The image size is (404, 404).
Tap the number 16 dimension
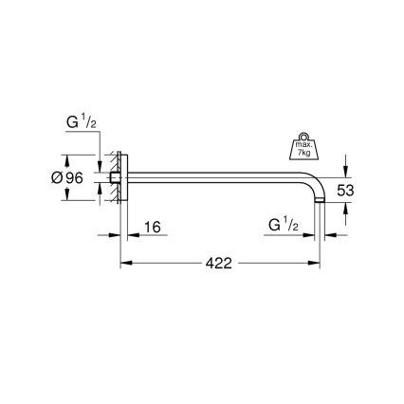[x=151, y=228]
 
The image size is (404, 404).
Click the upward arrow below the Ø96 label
[x=68, y=193]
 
